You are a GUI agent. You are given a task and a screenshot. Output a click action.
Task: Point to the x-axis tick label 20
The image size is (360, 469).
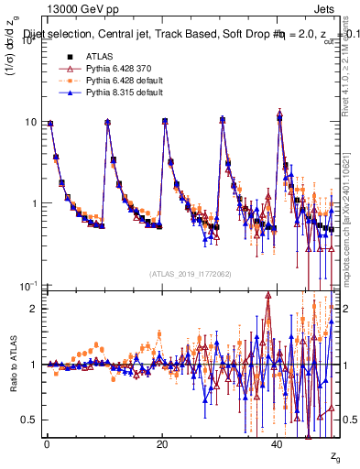click(x=161, y=444)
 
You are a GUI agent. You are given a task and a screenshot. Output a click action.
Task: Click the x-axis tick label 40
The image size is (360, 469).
click(x=278, y=444)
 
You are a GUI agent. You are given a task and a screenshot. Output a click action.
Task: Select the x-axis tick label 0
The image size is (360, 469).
click(x=46, y=444)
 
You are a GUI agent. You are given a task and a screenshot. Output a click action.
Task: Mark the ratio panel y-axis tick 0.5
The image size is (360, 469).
click(x=30, y=420)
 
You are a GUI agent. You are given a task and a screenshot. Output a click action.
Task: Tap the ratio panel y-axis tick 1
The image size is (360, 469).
click(x=33, y=365)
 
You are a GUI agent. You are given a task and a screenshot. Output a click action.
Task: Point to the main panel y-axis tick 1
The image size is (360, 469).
click(x=33, y=203)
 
